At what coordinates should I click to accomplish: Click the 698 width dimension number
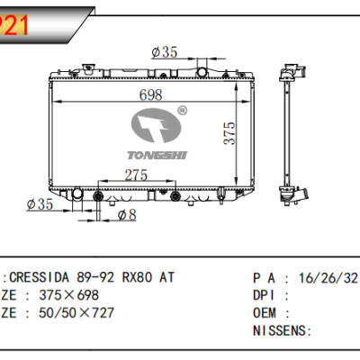127,96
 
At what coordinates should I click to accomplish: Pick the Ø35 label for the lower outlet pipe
40,204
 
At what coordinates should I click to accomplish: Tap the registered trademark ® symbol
182,111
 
